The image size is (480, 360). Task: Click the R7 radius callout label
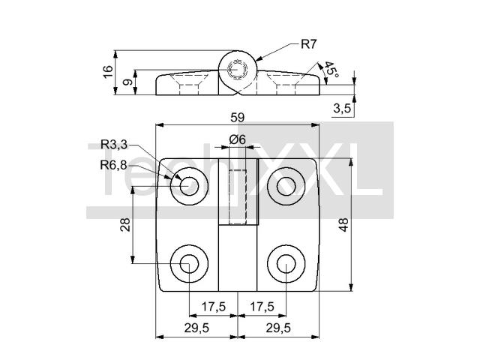308,43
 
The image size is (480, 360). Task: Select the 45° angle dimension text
331,71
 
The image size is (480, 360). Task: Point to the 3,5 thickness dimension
342,108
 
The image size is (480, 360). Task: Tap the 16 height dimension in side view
108,73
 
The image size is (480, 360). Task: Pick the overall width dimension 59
237,117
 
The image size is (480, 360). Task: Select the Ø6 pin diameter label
238,139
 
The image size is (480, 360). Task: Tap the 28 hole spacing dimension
126,224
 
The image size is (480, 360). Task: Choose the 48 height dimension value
343,226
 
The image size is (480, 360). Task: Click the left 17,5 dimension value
214,306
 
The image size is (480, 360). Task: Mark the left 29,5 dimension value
196,327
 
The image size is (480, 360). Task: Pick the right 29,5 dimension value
278,327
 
